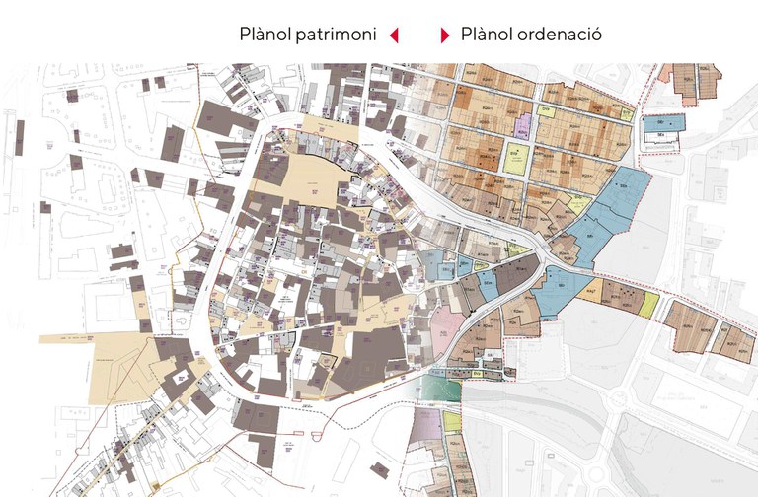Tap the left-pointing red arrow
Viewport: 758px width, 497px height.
(394, 35)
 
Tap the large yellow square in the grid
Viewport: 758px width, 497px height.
(514, 158)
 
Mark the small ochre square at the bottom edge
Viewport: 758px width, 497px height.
(155, 487)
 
